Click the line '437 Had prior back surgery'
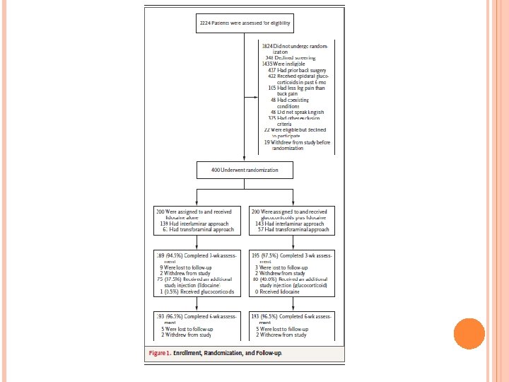pyautogui.click(x=296, y=70)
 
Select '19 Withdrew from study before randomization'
pyautogui.click(x=297, y=143)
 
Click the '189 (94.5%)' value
pyautogui.click(x=170, y=254)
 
